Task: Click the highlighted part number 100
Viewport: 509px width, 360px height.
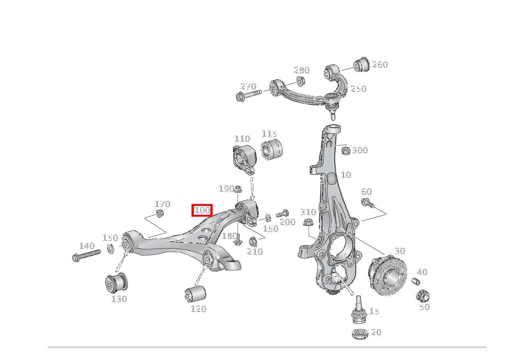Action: (202, 210)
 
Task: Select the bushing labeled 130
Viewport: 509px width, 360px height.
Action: (116, 282)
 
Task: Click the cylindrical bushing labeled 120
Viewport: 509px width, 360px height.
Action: (195, 294)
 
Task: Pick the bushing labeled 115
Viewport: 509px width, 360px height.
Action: (272, 149)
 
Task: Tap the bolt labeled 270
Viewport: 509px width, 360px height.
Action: (248, 94)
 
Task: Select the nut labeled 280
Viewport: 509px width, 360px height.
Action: (301, 81)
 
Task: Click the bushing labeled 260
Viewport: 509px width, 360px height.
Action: (361, 65)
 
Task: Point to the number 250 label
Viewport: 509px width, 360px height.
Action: (359, 89)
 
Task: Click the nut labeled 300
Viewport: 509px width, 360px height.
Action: (345, 150)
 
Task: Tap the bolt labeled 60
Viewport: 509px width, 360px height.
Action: (367, 202)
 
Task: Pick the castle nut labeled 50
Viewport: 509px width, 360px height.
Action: (422, 296)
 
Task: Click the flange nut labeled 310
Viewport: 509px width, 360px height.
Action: (307, 222)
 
